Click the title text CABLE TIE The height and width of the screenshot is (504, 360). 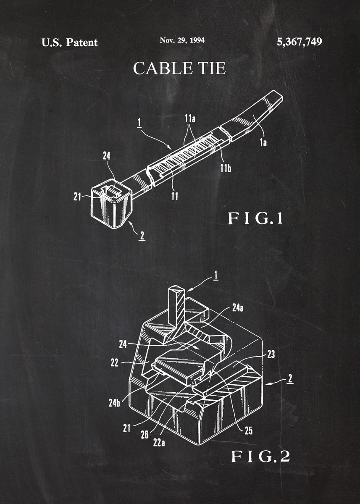pyautogui.click(x=179, y=68)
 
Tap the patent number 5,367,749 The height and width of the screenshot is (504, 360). pyautogui.click(x=299, y=42)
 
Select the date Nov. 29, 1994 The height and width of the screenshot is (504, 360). pyautogui.click(x=182, y=40)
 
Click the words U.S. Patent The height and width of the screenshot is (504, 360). pyautogui.click(x=70, y=42)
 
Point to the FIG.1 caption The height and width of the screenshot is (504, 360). pyautogui.click(x=255, y=218)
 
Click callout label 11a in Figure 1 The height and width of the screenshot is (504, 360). pyautogui.click(x=190, y=118)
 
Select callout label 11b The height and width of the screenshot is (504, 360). pyautogui.click(x=226, y=168)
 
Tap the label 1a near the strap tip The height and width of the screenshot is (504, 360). pyautogui.click(x=263, y=142)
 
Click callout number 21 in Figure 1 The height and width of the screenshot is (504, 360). pyautogui.click(x=77, y=197)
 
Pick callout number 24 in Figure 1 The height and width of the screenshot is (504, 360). pyautogui.click(x=106, y=156)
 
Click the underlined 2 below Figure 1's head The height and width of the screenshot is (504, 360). pyautogui.click(x=142, y=236)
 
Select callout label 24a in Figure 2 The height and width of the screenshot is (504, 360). pyautogui.click(x=238, y=308)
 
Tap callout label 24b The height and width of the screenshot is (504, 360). pyautogui.click(x=114, y=403)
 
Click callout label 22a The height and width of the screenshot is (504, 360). pyautogui.click(x=159, y=443)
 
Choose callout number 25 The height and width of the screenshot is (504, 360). pyautogui.click(x=249, y=431)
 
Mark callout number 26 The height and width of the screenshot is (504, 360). pyautogui.click(x=145, y=435)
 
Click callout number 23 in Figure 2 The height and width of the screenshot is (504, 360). pyautogui.click(x=271, y=354)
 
